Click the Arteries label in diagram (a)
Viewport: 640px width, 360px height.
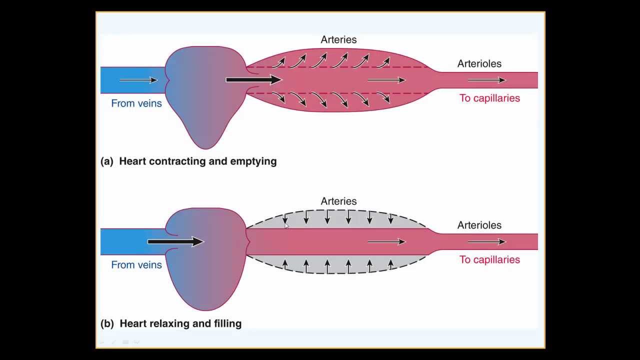[338, 39]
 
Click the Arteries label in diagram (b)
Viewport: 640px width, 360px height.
[338, 201]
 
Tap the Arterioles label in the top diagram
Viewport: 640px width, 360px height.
[479, 63]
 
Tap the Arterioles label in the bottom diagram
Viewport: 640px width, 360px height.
[479, 225]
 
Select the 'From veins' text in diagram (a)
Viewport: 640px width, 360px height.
[136, 103]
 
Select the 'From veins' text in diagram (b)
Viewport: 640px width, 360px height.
[136, 265]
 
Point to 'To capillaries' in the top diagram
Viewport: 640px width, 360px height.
[489, 98]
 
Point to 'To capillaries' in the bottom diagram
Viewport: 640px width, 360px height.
[489, 259]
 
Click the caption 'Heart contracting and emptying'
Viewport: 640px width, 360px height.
[197, 161]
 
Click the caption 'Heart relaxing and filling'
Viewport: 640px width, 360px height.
[180, 323]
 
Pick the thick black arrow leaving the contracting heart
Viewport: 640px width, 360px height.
[253, 79]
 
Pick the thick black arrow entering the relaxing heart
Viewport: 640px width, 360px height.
[175, 241]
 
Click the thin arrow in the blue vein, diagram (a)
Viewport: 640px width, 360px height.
[138, 80]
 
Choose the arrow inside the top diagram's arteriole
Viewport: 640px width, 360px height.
[486, 80]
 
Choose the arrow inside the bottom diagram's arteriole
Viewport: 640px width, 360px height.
[486, 241]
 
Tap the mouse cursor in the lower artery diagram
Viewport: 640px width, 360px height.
[286, 226]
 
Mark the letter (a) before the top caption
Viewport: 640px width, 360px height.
[106, 161]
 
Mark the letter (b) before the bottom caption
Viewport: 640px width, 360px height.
[107, 323]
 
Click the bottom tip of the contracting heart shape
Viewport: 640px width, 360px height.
[206, 147]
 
